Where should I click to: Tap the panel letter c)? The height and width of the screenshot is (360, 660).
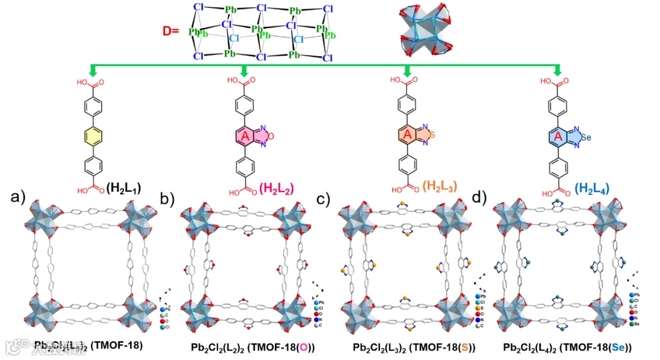click(324, 199)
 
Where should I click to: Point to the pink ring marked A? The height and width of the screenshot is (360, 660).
click(245, 135)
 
